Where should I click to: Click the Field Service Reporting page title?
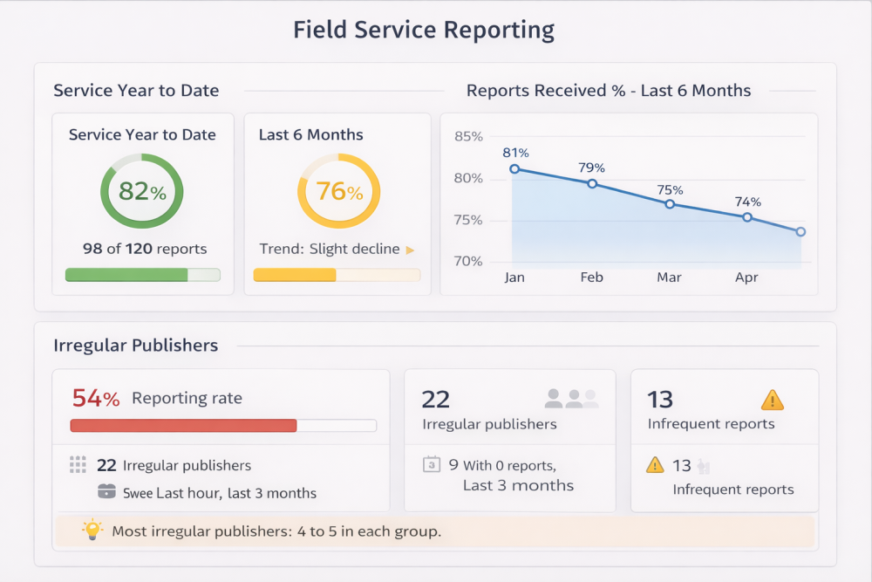[x=424, y=30]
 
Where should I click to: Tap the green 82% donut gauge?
[x=142, y=191]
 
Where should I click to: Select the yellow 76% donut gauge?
[x=339, y=191]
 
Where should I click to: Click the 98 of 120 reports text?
[x=145, y=249]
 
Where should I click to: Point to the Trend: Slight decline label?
[x=330, y=249]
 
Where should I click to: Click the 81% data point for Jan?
[x=514, y=169]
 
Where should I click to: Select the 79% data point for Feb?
[x=592, y=183]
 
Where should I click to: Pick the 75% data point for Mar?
[x=670, y=203]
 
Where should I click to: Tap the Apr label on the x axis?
[x=746, y=277]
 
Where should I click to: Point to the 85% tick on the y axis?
[x=468, y=136]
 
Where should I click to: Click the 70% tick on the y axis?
[x=468, y=262]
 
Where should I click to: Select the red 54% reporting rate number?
[x=96, y=399]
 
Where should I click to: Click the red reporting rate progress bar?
[x=183, y=426]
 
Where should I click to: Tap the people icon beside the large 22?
[x=572, y=399]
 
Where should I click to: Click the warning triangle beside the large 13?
[x=773, y=400]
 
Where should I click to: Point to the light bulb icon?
[x=92, y=530]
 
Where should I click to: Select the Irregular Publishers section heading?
[x=135, y=346]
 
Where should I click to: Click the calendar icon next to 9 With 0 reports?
[x=431, y=465]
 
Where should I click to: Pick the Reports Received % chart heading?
[x=609, y=91]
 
